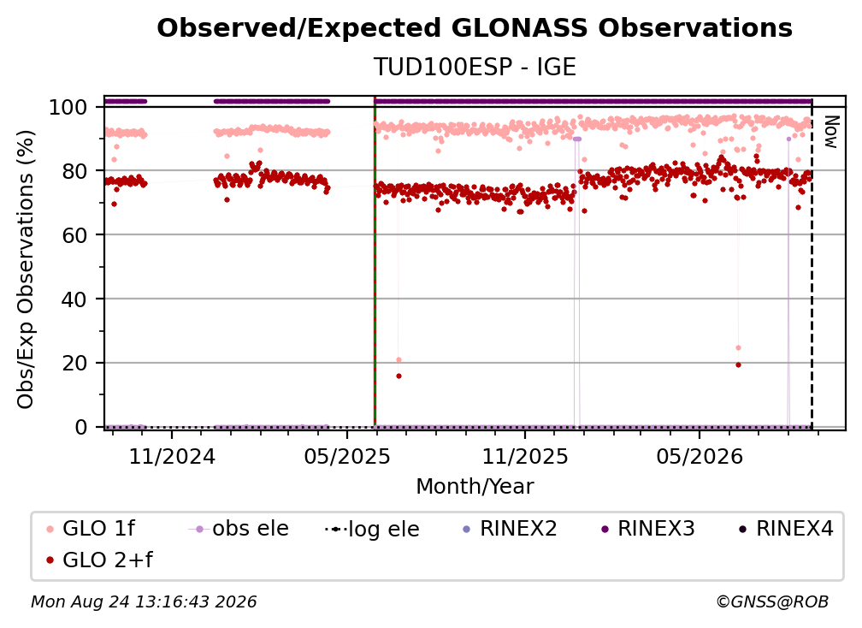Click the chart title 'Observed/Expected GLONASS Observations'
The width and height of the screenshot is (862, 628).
[x=475, y=28]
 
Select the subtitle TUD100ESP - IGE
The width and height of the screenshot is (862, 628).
[x=475, y=67]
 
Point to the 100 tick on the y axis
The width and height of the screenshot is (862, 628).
[x=68, y=107]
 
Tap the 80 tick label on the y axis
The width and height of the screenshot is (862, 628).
[x=74, y=171]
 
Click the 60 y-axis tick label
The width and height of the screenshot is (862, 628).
[x=74, y=235]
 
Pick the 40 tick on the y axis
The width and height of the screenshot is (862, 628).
[x=74, y=299]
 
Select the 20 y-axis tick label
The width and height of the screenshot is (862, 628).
[x=74, y=364]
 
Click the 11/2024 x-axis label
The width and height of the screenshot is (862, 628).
[x=172, y=456]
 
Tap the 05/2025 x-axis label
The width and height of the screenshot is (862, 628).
[x=347, y=456]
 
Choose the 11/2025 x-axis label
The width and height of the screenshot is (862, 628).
[x=525, y=456]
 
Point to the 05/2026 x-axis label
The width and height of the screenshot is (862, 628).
[x=700, y=456]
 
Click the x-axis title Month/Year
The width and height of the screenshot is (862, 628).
[x=475, y=487]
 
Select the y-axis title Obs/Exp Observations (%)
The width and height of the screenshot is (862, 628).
[x=26, y=270]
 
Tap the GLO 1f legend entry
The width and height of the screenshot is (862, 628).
[x=91, y=529]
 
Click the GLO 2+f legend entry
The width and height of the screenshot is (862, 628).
[x=99, y=560]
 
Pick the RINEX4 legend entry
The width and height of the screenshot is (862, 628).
[x=786, y=529]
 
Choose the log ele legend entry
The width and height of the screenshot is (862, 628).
[x=372, y=529]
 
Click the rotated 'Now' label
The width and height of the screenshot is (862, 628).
[x=831, y=132]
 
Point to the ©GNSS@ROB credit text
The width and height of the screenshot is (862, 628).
[x=772, y=601]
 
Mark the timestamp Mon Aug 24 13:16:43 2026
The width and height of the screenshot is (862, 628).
[x=144, y=601]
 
